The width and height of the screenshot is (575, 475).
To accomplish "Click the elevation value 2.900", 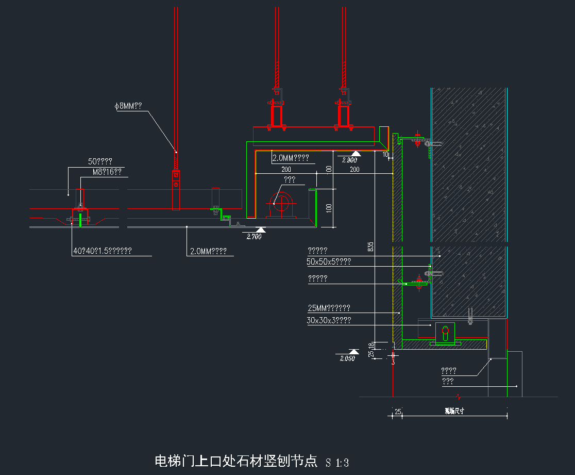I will tap(348, 160).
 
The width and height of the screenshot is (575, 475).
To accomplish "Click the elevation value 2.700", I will tap(254, 237).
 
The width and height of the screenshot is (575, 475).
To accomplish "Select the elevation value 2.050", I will tap(347, 358).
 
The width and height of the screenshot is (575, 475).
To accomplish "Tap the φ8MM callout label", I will tap(128, 106).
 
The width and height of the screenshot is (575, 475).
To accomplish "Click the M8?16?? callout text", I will tap(107, 172).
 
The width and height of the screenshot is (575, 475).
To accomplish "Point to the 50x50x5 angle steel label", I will tap(329, 262).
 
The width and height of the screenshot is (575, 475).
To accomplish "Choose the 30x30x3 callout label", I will tap(329, 320).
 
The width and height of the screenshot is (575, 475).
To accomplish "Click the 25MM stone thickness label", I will tap(329, 308).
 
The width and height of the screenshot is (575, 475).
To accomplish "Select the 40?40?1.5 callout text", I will tap(103, 251).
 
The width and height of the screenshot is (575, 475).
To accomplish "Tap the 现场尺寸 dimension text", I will tap(454, 412).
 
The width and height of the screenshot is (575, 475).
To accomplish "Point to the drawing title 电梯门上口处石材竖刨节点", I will tap(236, 461).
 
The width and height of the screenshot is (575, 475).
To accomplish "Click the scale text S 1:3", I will tap(337, 463).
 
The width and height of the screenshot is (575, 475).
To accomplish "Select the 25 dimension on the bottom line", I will tap(398, 412).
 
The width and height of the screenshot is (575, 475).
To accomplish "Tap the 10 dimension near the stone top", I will tap(386, 154).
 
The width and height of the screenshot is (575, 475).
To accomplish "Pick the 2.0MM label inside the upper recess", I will tap(291, 158).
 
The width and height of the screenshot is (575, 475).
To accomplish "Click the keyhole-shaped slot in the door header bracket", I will tap(446, 334).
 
